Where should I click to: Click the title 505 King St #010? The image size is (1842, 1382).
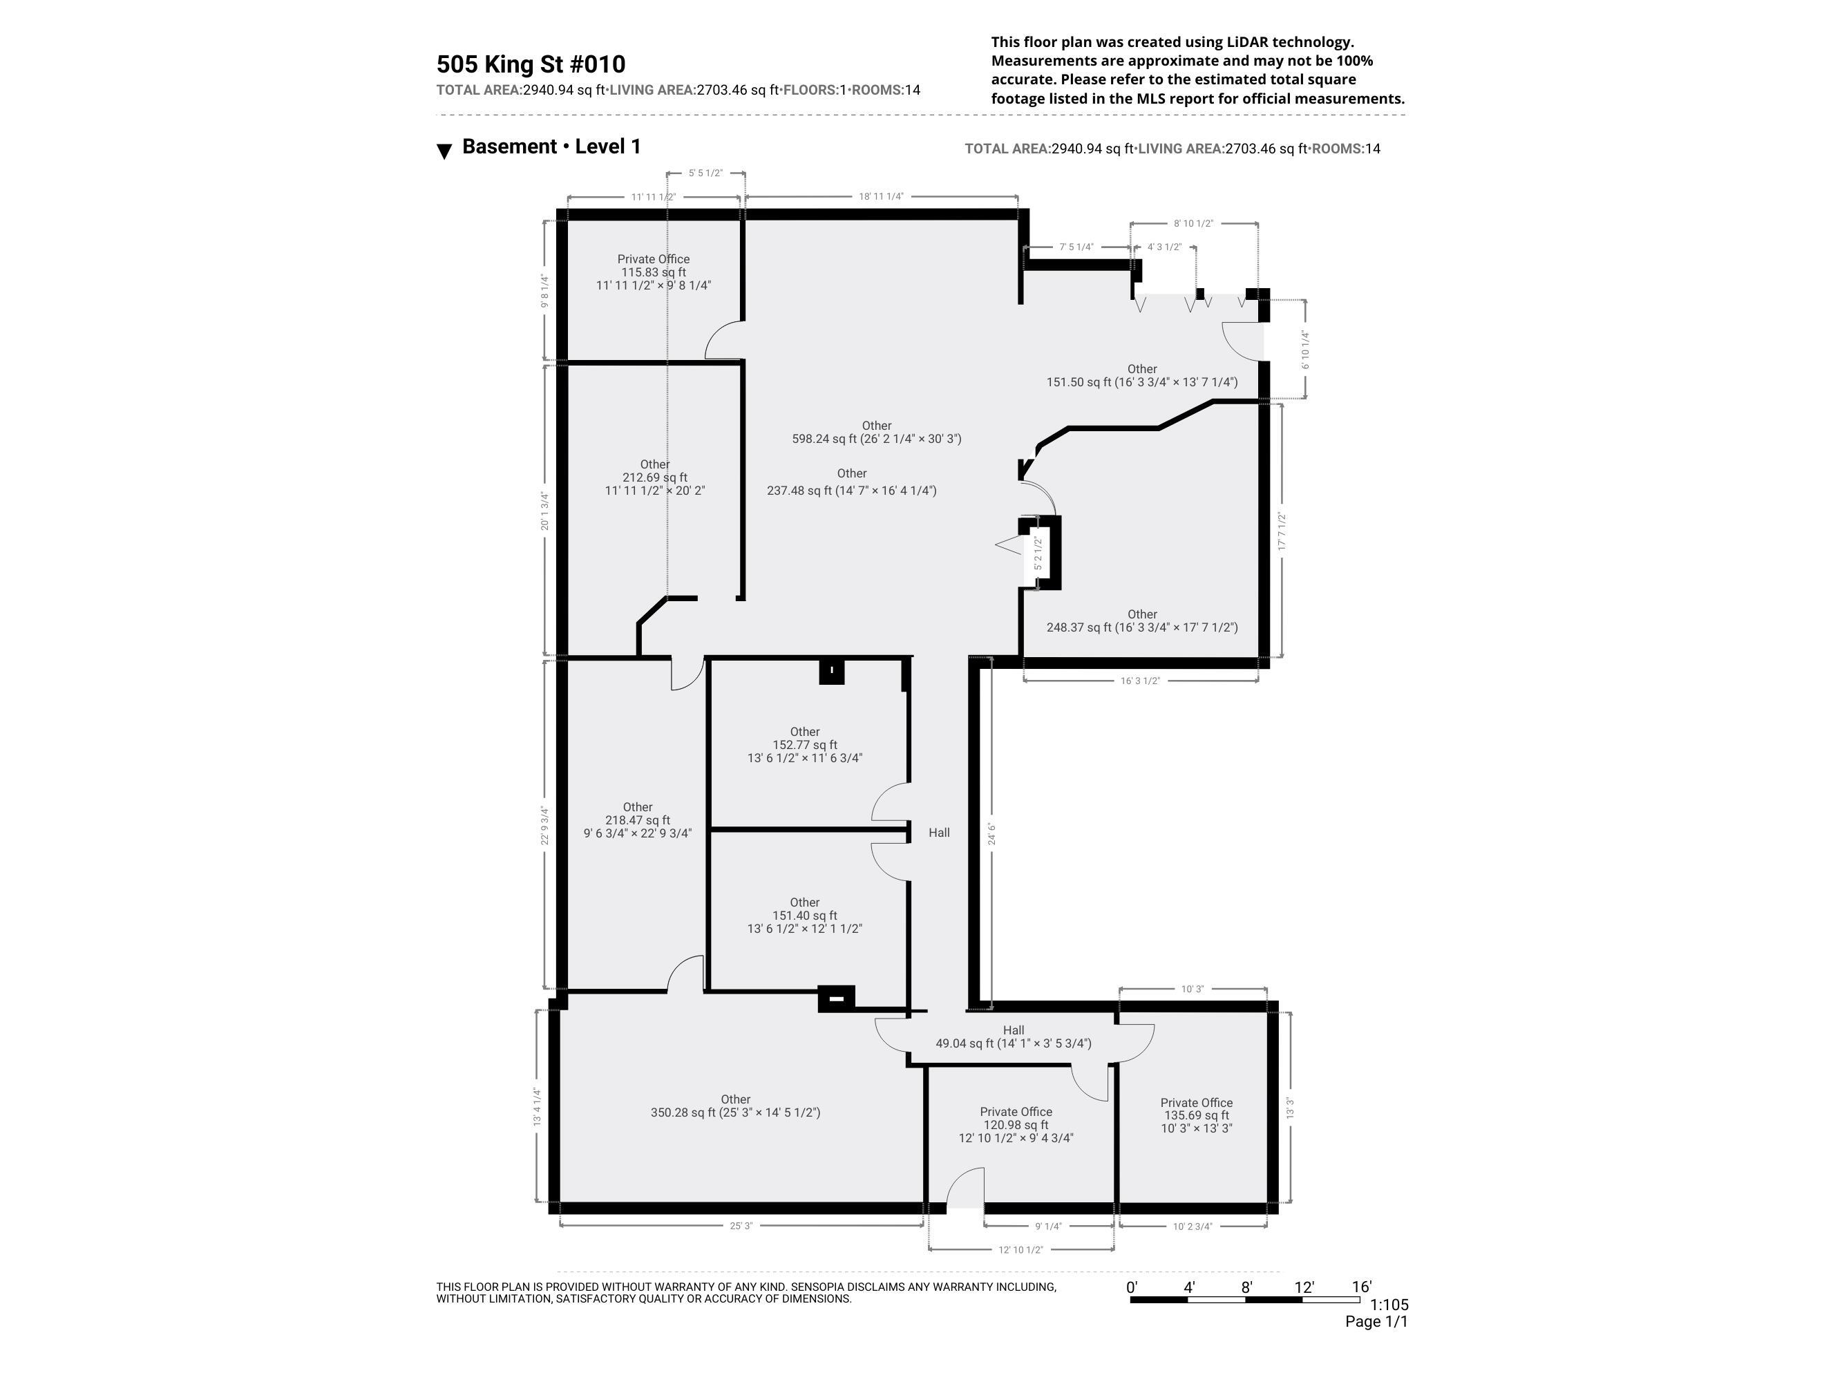[x=531, y=64]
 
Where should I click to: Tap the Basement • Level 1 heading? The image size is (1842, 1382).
[x=551, y=146]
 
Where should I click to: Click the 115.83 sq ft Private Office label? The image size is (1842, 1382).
[x=653, y=272]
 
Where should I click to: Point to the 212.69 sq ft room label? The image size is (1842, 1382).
[x=654, y=477]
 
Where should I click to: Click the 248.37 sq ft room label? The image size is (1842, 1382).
[x=1141, y=621]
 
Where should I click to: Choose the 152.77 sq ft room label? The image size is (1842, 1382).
[x=804, y=745]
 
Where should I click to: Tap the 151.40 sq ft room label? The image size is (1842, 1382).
[x=804, y=915]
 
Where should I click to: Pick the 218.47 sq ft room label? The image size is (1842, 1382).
[x=637, y=820]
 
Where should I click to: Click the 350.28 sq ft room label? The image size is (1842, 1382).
[x=735, y=1106]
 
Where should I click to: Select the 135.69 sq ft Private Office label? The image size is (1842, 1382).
[x=1196, y=1115]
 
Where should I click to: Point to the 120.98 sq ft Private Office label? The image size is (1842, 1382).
[x=1016, y=1124]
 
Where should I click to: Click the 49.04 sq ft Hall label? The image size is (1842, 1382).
[x=1014, y=1036]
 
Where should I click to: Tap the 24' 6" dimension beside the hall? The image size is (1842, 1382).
[x=991, y=833]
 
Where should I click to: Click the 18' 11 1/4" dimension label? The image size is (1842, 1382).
[x=881, y=197]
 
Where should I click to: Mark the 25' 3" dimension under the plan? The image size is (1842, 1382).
[x=741, y=1225]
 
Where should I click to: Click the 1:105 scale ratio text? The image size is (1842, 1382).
[x=1388, y=1305]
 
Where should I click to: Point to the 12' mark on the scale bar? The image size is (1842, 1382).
[x=1303, y=1287]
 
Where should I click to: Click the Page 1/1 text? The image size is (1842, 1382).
[x=1376, y=1322]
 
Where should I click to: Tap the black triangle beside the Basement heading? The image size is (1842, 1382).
[x=445, y=151]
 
